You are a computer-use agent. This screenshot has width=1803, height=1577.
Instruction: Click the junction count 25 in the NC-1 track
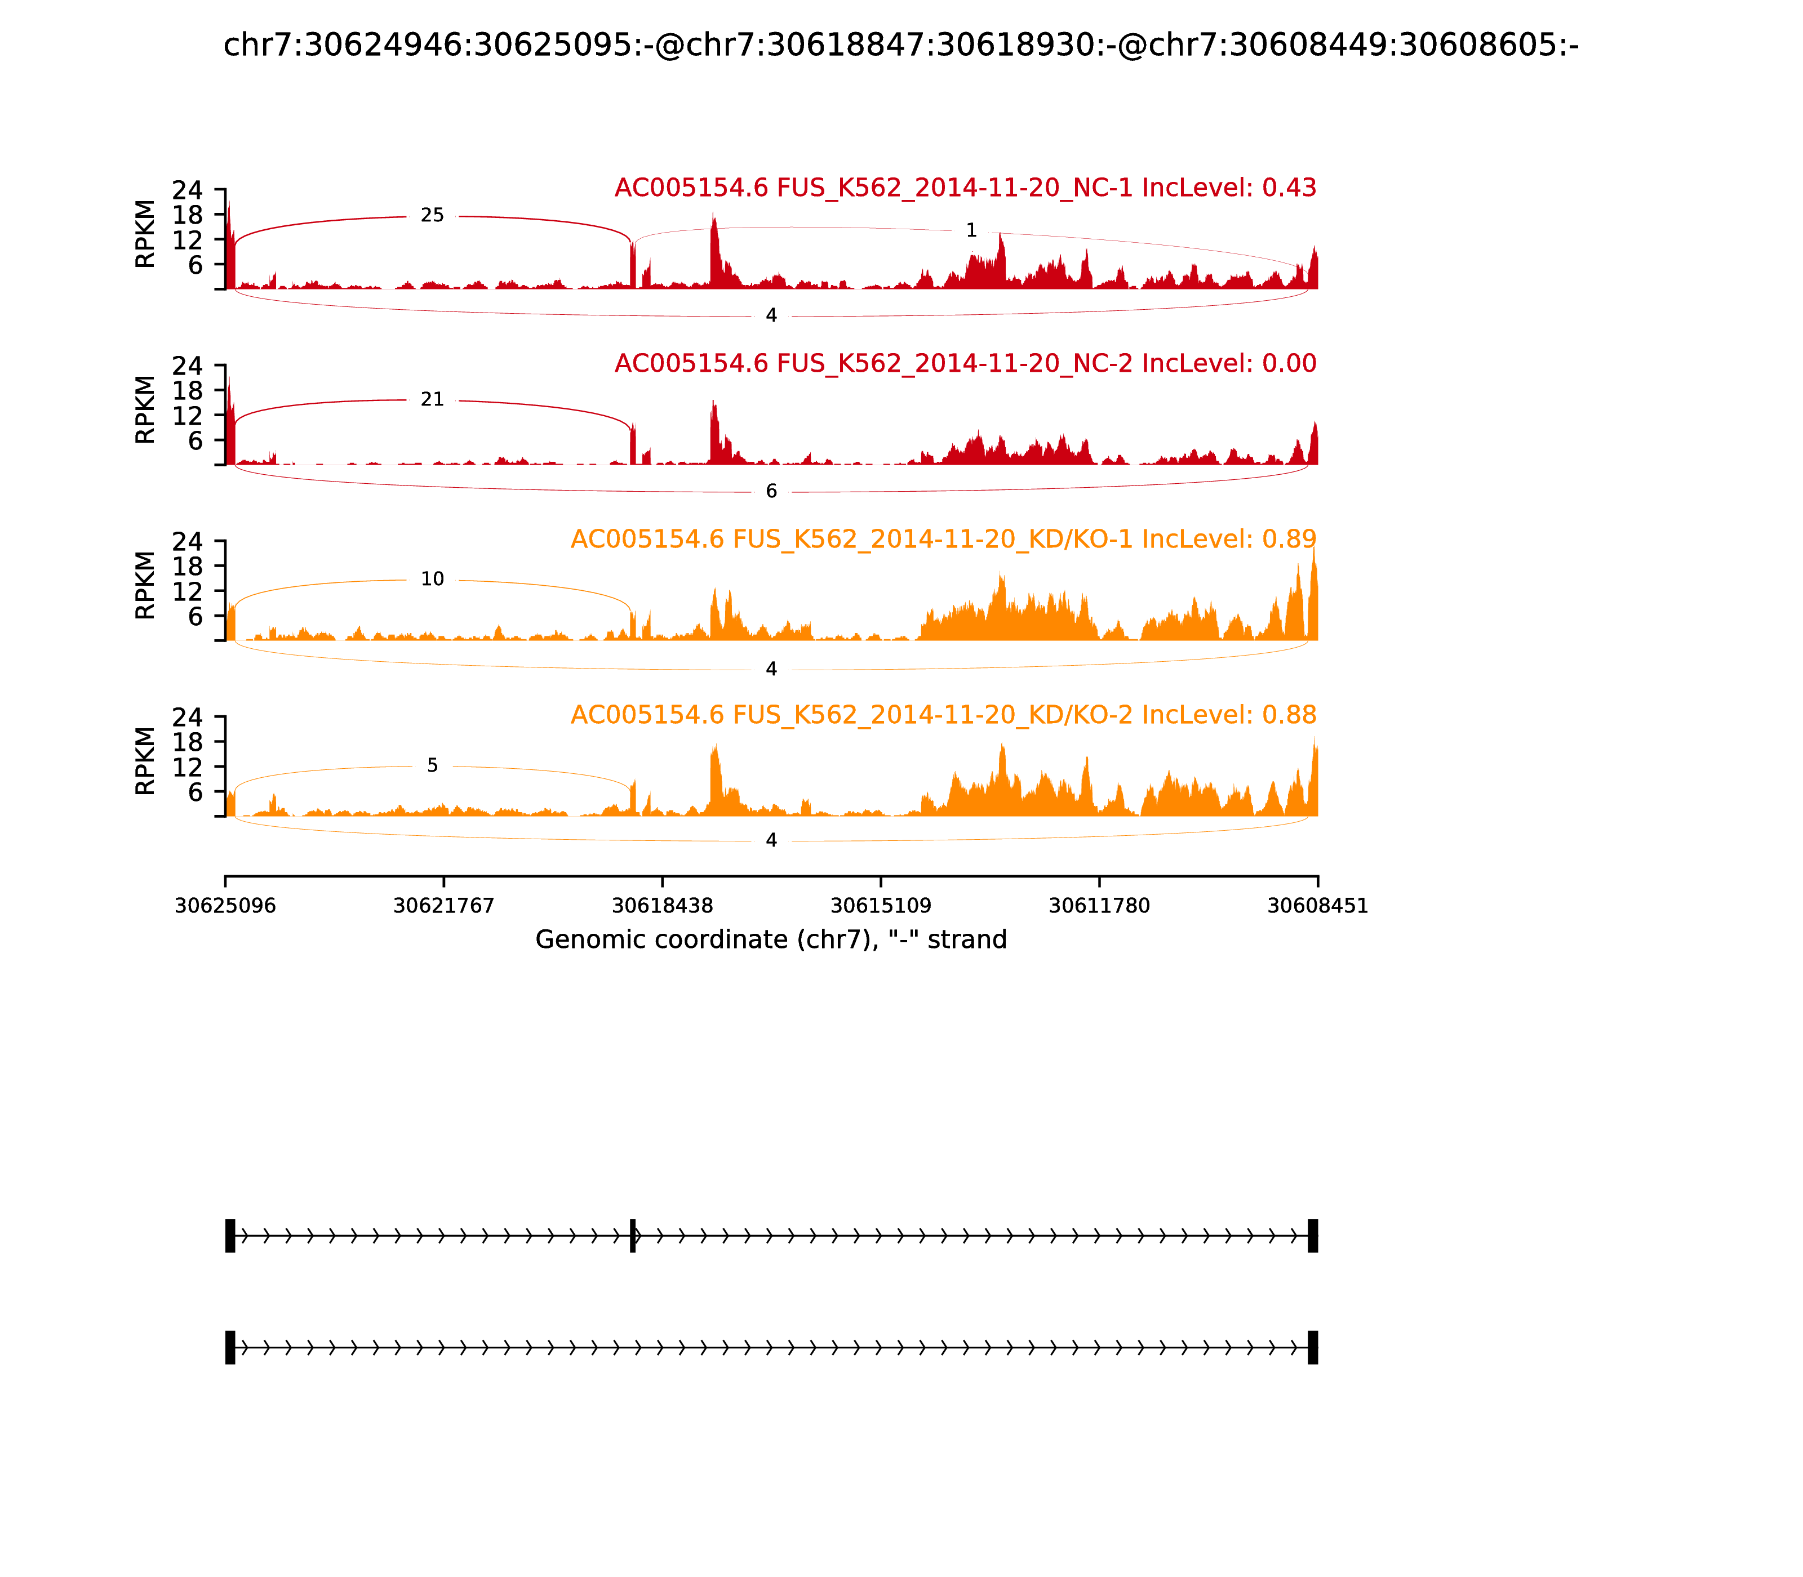[432, 216]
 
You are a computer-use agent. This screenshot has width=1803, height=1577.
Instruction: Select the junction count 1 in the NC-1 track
[971, 230]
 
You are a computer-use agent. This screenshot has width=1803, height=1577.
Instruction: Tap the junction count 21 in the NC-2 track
[432, 399]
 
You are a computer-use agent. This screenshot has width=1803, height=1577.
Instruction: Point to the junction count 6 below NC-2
[771, 491]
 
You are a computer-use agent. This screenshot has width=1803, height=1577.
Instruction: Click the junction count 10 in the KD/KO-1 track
[432, 579]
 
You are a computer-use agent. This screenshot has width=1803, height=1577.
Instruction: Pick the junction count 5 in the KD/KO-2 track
[432, 765]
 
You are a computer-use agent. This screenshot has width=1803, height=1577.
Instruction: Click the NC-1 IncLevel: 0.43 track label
[965, 188]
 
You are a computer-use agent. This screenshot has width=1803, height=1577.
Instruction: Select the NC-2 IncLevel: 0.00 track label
[965, 363]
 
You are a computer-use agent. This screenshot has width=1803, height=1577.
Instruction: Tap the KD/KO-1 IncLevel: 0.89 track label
[943, 540]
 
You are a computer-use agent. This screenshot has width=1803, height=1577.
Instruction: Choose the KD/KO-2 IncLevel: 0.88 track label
[943, 715]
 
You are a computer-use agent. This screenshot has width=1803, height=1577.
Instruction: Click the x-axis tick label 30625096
[225, 906]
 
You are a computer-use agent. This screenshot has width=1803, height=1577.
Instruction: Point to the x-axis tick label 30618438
[662, 906]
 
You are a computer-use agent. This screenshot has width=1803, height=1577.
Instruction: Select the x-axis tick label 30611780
[1099, 906]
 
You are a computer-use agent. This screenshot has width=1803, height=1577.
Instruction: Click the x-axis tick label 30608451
[1317, 906]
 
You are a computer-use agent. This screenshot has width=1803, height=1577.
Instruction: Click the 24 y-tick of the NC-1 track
[186, 191]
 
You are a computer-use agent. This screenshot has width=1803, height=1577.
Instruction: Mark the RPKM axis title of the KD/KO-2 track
[145, 760]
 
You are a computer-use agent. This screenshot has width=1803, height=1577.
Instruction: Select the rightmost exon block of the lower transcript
[1313, 1347]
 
